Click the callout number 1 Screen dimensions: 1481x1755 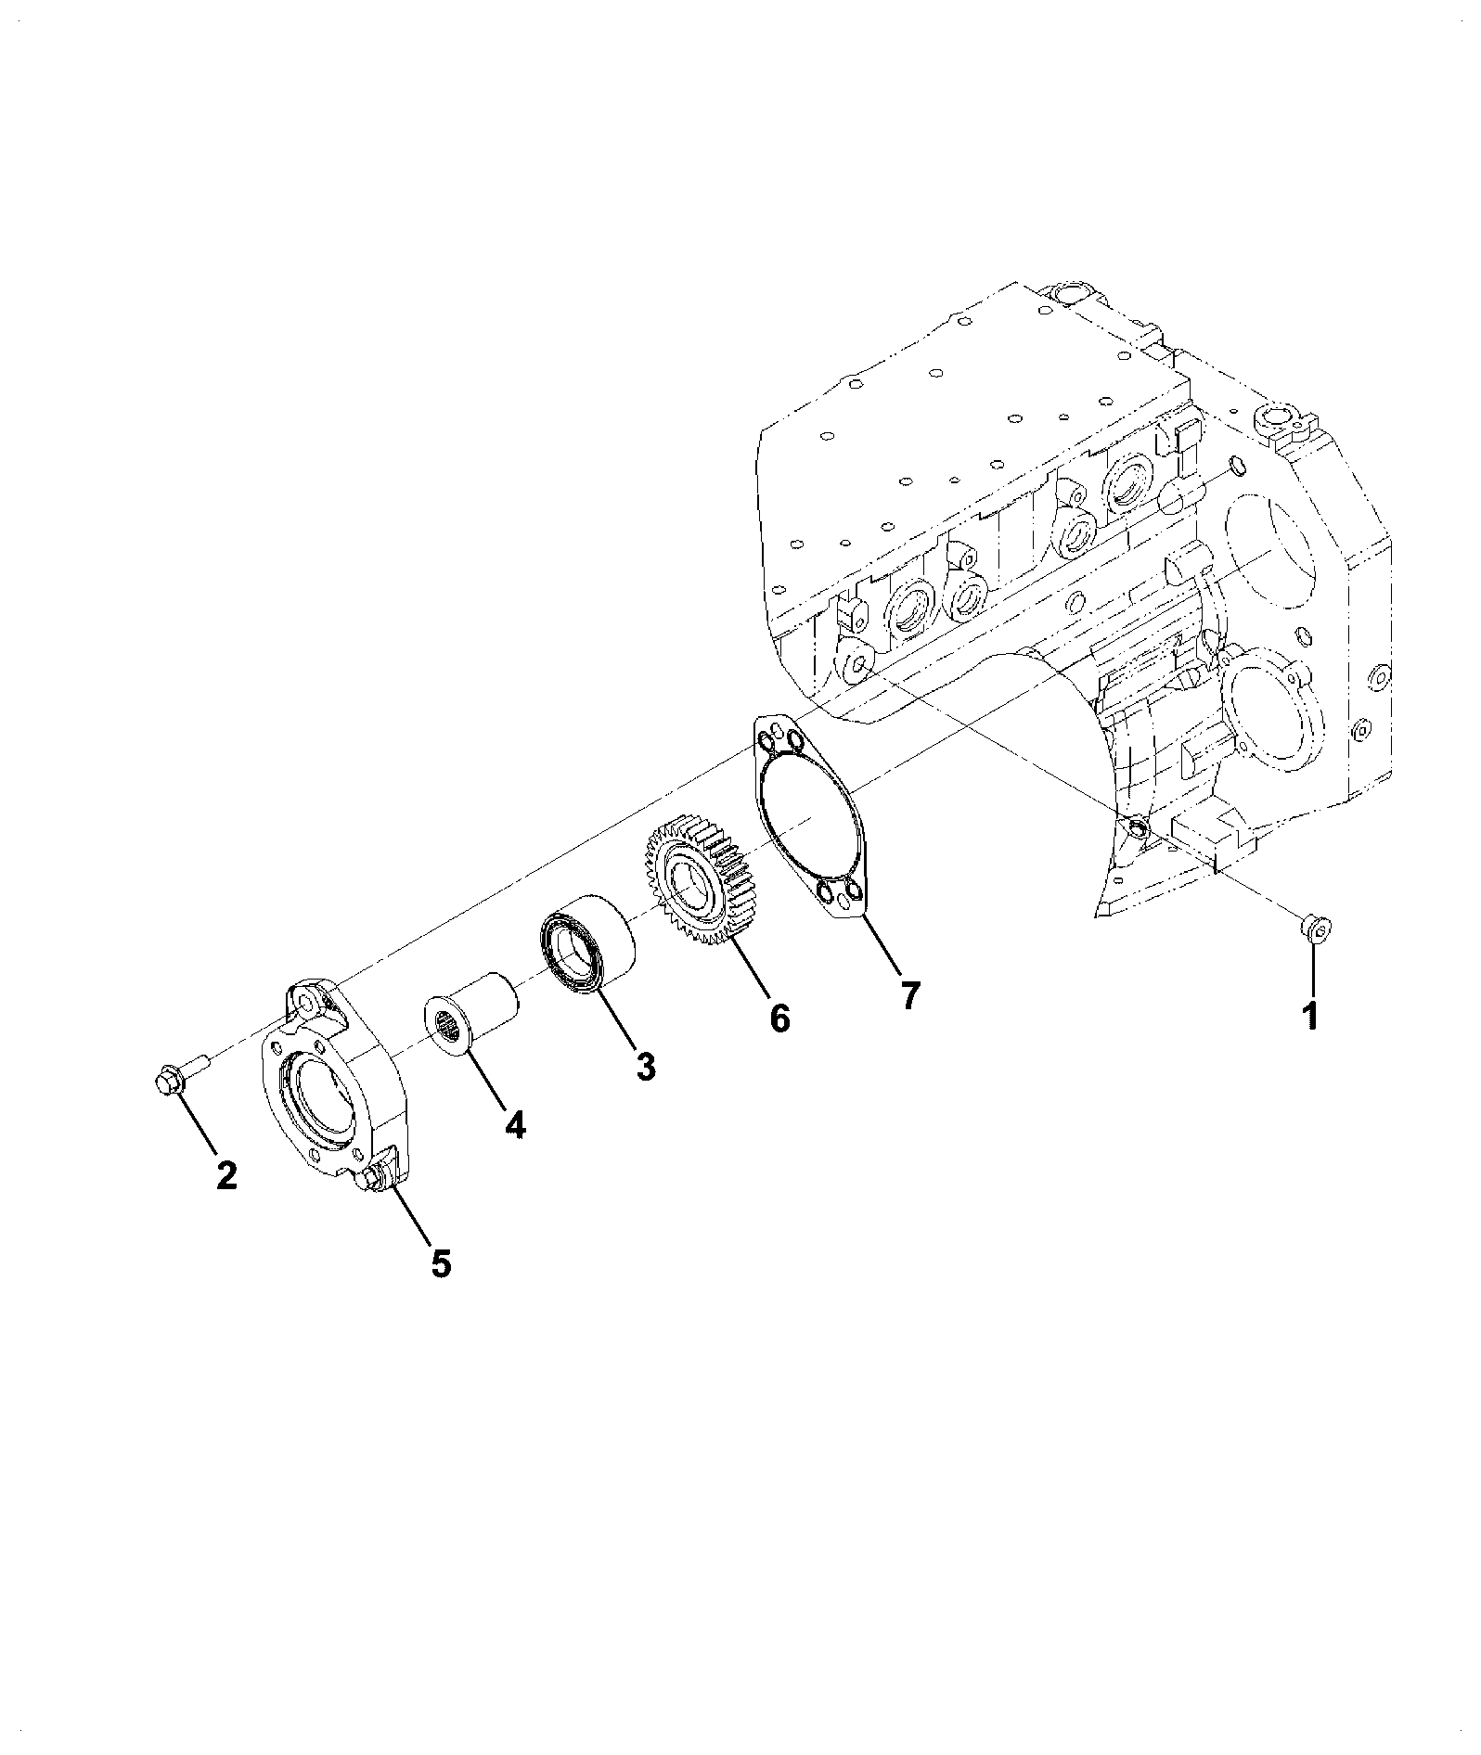click(1310, 1016)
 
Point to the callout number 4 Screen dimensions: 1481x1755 click(515, 1125)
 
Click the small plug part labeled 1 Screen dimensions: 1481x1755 click(1315, 926)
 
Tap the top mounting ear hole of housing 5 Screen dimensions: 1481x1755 click(305, 1000)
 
